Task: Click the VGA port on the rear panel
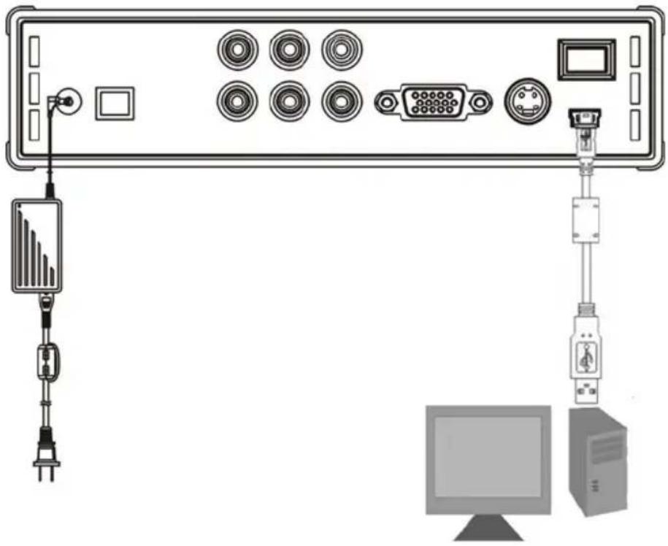click(x=433, y=102)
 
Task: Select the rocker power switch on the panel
click(x=587, y=59)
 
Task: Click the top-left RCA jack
click(x=237, y=50)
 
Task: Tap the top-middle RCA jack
click(x=290, y=50)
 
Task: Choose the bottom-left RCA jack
click(x=237, y=100)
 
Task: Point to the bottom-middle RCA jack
click(x=290, y=100)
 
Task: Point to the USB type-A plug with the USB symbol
click(x=586, y=357)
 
